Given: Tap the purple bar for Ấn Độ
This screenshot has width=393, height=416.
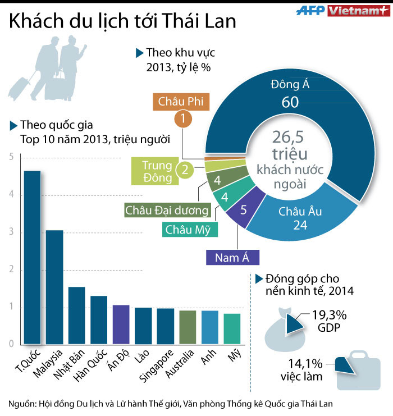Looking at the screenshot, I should pos(121,324).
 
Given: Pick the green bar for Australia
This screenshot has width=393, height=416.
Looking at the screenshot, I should pos(188,327).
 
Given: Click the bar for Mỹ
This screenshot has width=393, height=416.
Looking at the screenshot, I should pos(232,328).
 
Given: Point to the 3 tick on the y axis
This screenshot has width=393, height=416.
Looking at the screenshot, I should pos(11,232).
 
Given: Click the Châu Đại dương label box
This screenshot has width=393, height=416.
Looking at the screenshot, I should pos(167,211).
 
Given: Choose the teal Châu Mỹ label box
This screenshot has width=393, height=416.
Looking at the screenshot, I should pos(191,229).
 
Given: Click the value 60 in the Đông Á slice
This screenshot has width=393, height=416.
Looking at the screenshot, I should pos(290,102).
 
